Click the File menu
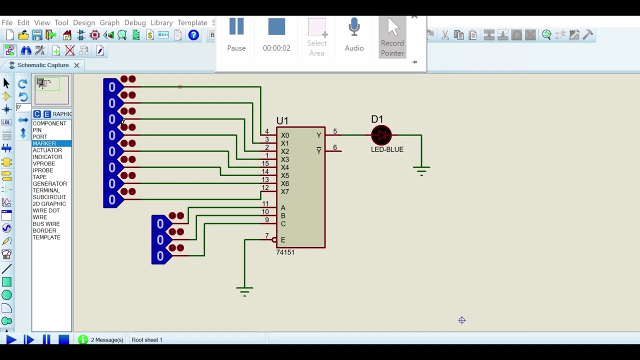[x=7, y=22]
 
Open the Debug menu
[x=134, y=22]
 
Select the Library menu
[x=161, y=22]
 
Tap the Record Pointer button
[x=392, y=37]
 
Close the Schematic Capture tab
[x=76, y=65]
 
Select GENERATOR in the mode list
[x=49, y=183]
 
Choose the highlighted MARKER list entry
[x=44, y=143]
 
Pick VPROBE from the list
[x=44, y=163]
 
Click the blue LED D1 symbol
[x=381, y=135]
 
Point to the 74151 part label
[x=285, y=252]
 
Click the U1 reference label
[x=282, y=120]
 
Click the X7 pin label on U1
[x=284, y=191]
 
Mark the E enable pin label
[x=283, y=240]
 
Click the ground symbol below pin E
[x=244, y=290]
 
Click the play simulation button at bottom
[x=10, y=340]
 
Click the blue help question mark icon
[x=193, y=35]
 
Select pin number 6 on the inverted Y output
[x=335, y=147]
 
